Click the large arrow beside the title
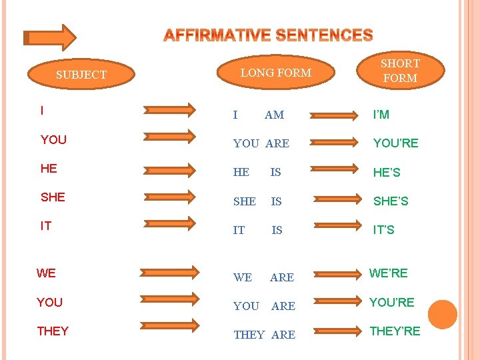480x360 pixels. point(49,37)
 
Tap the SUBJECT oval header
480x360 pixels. point(81,75)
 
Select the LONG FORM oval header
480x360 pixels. point(275,73)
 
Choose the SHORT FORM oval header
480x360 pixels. point(399,71)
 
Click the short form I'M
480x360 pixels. point(381,115)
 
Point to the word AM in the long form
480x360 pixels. point(274,115)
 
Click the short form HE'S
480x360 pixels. point(387,173)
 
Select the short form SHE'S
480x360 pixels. point(391,201)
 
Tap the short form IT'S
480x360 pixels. point(383,229)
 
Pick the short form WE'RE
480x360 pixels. point(388,273)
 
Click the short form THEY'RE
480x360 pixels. point(395,331)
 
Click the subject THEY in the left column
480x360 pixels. point(53,331)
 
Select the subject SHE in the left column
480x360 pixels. point(53,197)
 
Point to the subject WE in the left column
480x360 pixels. point(46,273)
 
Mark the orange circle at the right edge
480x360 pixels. point(442,314)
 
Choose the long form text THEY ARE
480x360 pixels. point(264,335)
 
